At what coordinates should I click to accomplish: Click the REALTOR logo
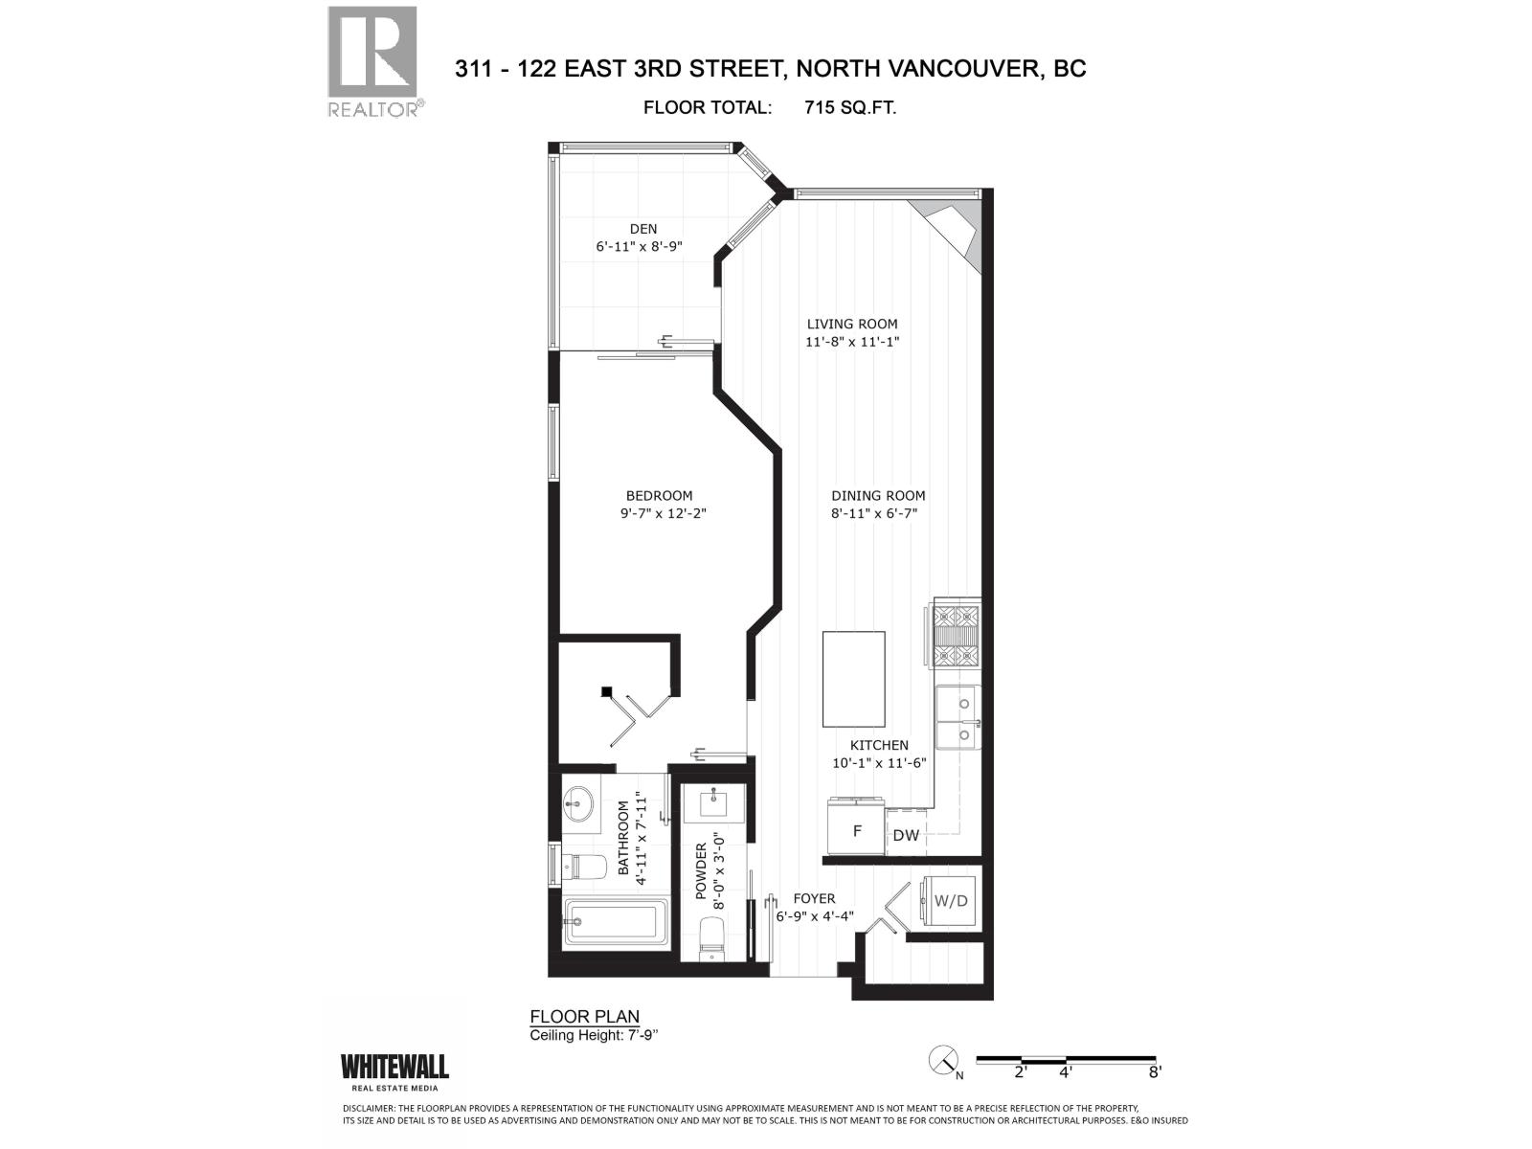coord(372,60)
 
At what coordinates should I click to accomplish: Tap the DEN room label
coord(643,228)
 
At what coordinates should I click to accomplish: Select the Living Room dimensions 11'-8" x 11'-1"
coord(851,342)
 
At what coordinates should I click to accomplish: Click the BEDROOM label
coord(659,495)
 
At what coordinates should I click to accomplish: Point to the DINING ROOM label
coord(878,495)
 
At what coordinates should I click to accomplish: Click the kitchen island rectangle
coord(853,679)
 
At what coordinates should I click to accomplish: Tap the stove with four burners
coord(957,632)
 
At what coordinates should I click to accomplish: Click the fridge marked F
coord(856,830)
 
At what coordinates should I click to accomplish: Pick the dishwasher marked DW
coord(906,834)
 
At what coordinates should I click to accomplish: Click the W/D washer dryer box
coord(951,901)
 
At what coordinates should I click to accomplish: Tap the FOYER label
coord(814,898)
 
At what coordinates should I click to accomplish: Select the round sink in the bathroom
coord(578,800)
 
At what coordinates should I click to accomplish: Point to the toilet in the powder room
coord(712,935)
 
